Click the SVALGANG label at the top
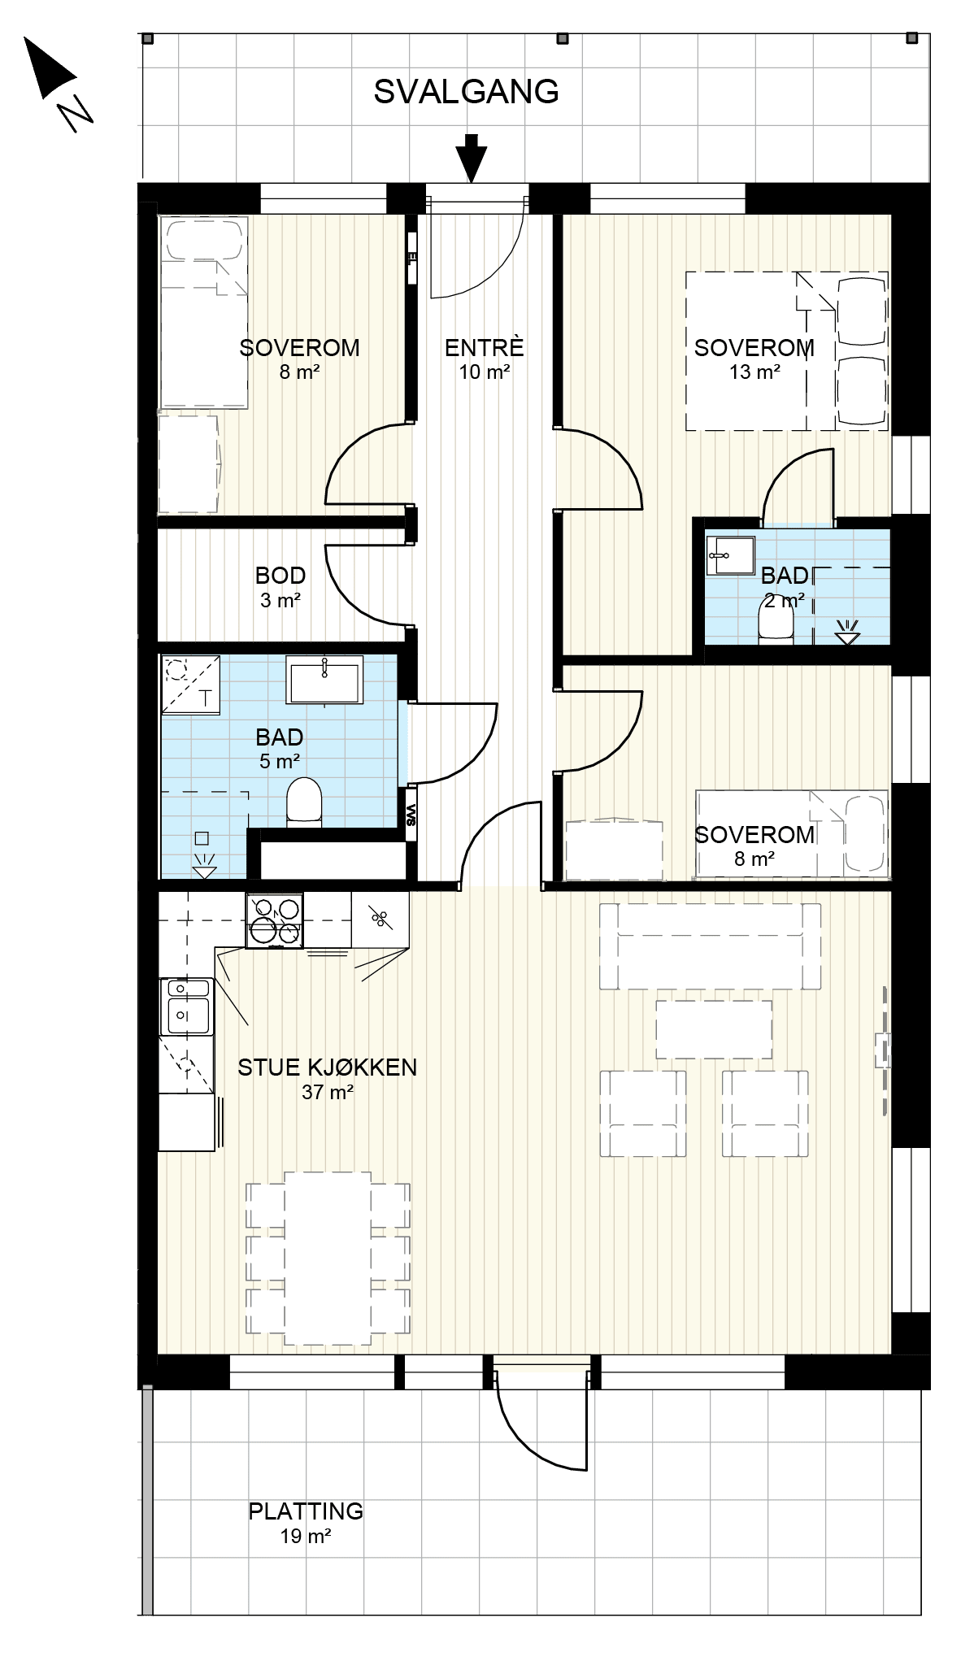coord(466,92)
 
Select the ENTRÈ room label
coord(484,348)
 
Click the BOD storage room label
coord(280,576)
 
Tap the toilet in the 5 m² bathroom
coord(305,802)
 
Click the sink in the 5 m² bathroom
coord(324,680)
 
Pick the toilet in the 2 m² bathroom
coord(775,626)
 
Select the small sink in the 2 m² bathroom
coord(729,555)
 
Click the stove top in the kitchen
coord(275,920)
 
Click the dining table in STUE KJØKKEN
coord(328,1259)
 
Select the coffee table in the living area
coord(714,1028)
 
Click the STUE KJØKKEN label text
coord(327,1067)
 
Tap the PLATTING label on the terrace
coord(306,1511)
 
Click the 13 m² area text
coord(755,372)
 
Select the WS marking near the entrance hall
coord(411,815)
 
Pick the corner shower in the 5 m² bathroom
coord(191,684)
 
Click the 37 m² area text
coord(327,1093)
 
